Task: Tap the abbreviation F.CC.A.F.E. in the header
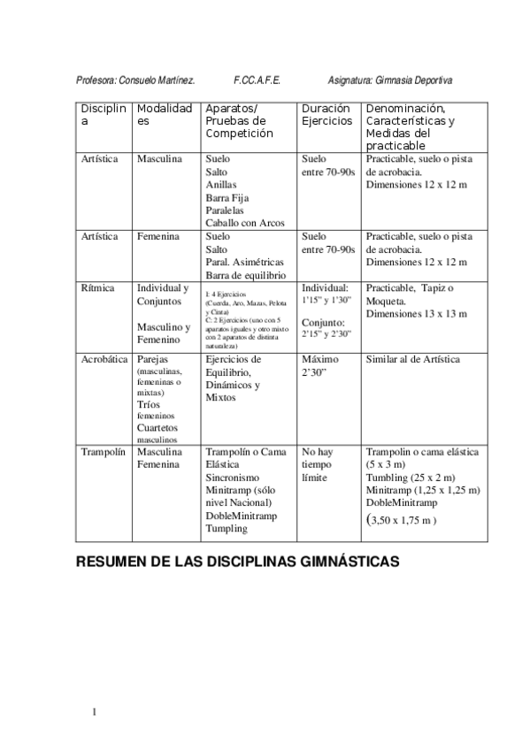coord(257,79)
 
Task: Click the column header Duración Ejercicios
coord(326,114)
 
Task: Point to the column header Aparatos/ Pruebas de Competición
coord(239,120)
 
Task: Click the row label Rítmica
coord(97,288)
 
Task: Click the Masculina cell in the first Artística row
coord(159,159)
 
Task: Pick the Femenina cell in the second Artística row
coord(158,237)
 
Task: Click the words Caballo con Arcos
coord(244,223)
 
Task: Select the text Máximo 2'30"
coord(321,367)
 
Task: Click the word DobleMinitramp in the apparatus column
coord(240,516)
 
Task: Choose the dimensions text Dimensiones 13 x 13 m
coord(417,314)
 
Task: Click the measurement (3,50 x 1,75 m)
coord(401,520)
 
